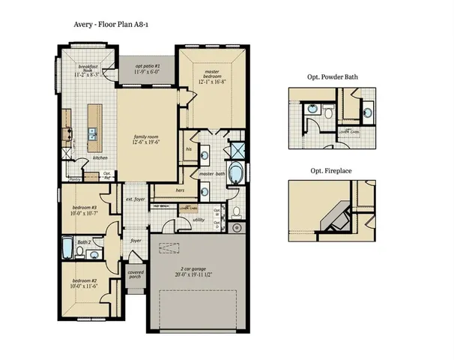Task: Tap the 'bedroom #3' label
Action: [85, 211]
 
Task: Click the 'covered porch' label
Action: [136, 275]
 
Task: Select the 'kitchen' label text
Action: [101, 157]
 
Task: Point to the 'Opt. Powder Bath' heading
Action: [333, 76]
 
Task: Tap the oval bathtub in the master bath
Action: [236, 173]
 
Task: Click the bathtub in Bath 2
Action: [67, 249]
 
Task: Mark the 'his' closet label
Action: [190, 148]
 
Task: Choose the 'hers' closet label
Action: [180, 190]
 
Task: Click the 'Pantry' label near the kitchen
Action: [75, 180]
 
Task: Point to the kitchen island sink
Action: [93, 136]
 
